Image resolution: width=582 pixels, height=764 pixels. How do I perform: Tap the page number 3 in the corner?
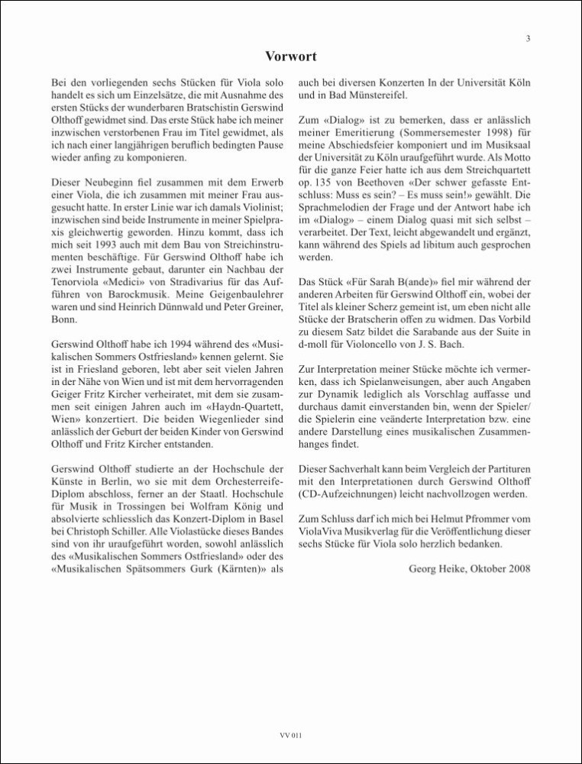click(528, 39)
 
